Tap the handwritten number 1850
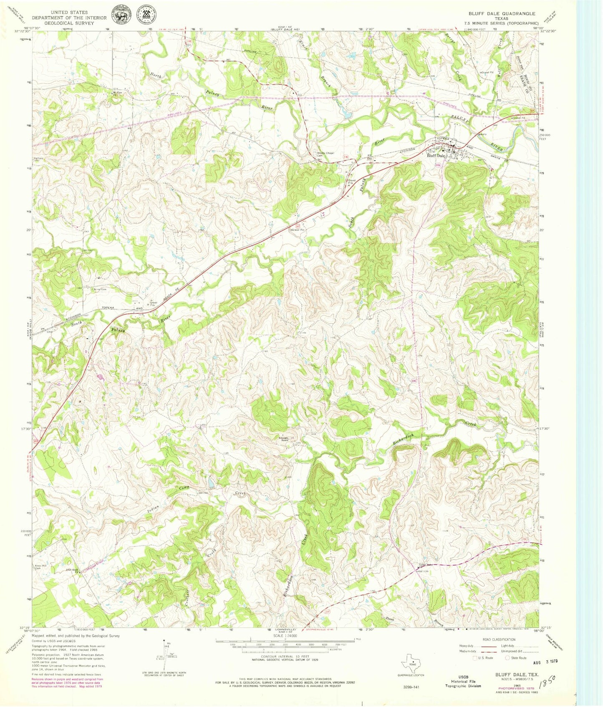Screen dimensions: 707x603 pyautogui.click(x=550, y=684)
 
